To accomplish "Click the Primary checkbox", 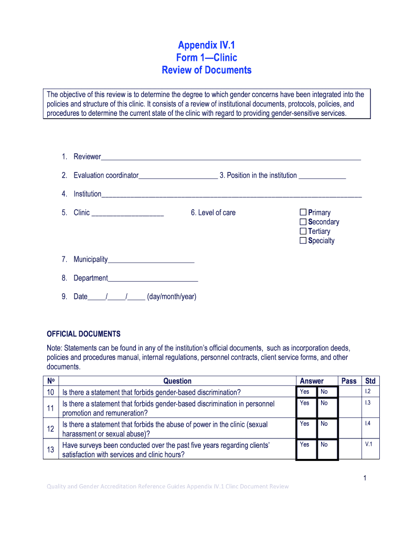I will click(303, 212).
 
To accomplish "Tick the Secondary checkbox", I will click(303, 222).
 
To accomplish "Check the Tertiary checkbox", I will click(303, 231).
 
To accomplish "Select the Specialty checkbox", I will click(303, 241).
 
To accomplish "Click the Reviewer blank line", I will click(231, 157).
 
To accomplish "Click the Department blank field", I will click(153, 278).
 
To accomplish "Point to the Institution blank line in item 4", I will click(231, 194).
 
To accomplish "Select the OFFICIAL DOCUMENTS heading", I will click(84, 334).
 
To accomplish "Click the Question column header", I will click(177, 381).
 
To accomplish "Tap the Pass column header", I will click(349, 381).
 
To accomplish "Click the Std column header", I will click(370, 381).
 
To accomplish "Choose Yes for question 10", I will click(305, 392).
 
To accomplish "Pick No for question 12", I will click(324, 424).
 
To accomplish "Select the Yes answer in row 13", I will click(305, 444).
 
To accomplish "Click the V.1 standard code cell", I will click(368, 444).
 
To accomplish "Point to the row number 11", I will click(51, 408).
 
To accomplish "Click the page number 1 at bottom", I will click(364, 478).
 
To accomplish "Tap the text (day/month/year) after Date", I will click(172, 297).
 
